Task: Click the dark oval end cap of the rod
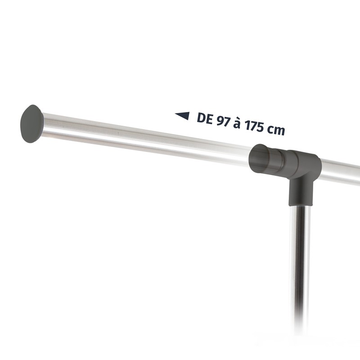[31, 124]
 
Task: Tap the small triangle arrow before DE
[182, 116]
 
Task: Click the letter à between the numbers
[237, 123]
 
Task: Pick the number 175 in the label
[255, 126]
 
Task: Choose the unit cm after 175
[277, 130]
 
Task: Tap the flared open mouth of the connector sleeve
[259, 159]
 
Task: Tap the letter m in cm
[280, 130]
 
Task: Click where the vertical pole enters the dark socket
[300, 205]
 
